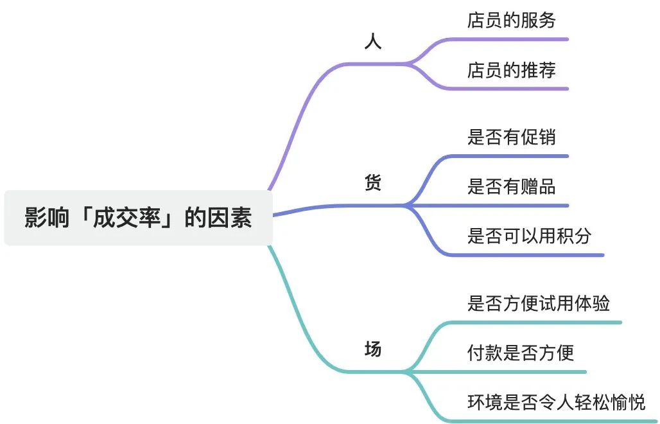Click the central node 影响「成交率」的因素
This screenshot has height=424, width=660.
tap(138, 218)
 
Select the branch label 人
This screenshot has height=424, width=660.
tap(372, 42)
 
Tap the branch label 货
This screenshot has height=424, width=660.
tap(372, 183)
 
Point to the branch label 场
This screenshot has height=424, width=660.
tap(372, 349)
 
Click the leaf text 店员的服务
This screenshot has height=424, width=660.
tap(511, 20)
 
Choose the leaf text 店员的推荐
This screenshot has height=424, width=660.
tap(511, 70)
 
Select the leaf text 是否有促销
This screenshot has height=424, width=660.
tap(511, 137)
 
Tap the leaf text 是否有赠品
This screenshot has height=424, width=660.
tap(511, 186)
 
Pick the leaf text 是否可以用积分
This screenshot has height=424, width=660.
tap(529, 236)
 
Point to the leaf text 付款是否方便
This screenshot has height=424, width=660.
tap(520, 352)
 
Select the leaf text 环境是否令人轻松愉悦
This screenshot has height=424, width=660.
tap(556, 402)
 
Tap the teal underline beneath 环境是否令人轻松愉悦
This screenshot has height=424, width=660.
tap(559, 421)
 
